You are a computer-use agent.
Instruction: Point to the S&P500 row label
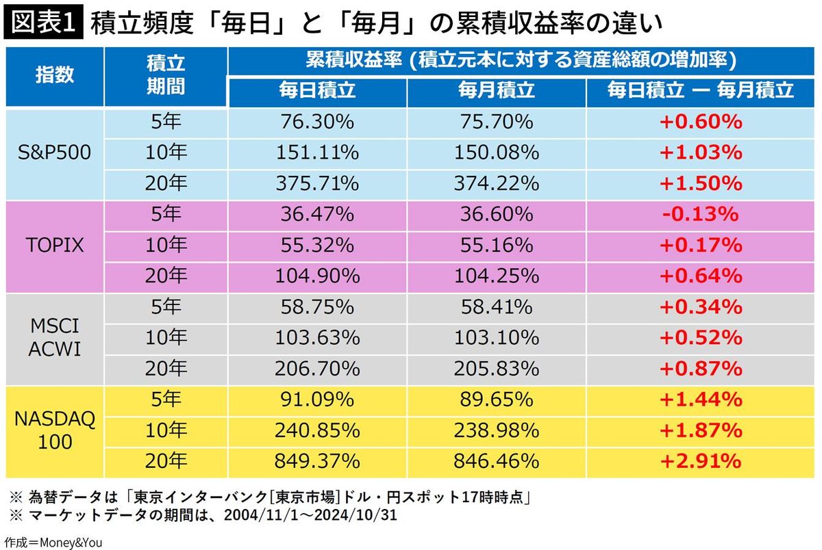(55, 153)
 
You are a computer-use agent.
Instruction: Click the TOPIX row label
(55, 245)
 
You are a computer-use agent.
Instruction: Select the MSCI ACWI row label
(55, 337)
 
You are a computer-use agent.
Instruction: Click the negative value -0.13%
(700, 214)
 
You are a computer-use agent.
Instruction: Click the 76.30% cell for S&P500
(317, 122)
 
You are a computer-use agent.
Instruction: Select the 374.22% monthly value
(496, 183)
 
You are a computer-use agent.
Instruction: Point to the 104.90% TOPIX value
(317, 276)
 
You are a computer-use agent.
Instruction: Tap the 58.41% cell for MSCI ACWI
(496, 306)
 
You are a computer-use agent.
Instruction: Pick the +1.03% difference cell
(700, 153)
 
